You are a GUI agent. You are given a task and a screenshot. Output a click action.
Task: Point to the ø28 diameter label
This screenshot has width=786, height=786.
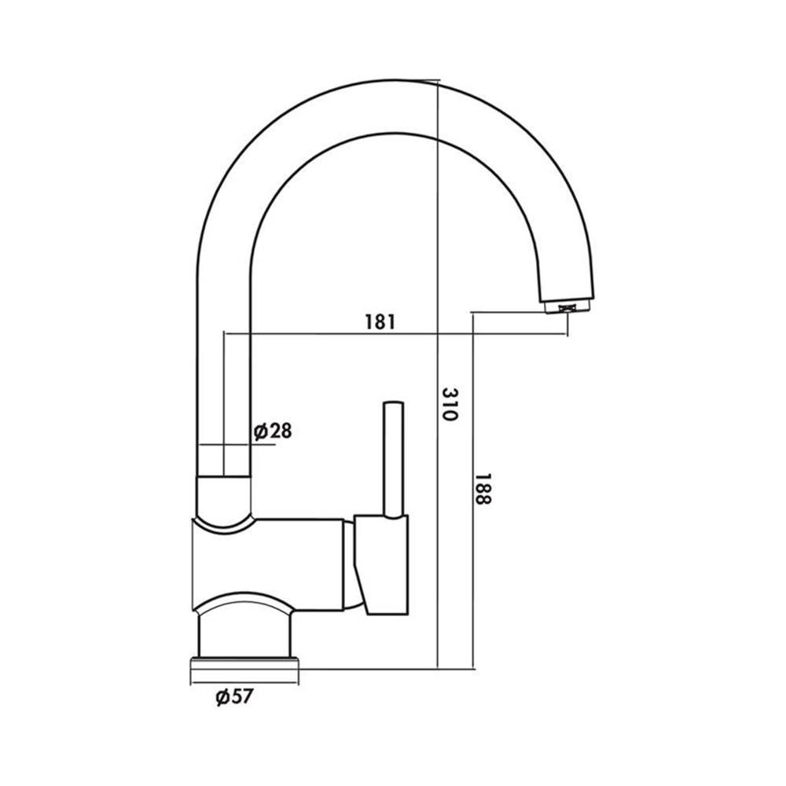pos(273,431)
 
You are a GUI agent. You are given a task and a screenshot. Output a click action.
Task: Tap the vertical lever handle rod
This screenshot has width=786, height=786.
pos(394,458)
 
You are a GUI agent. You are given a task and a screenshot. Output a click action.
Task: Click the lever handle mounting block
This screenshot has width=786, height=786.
pos(382,564)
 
